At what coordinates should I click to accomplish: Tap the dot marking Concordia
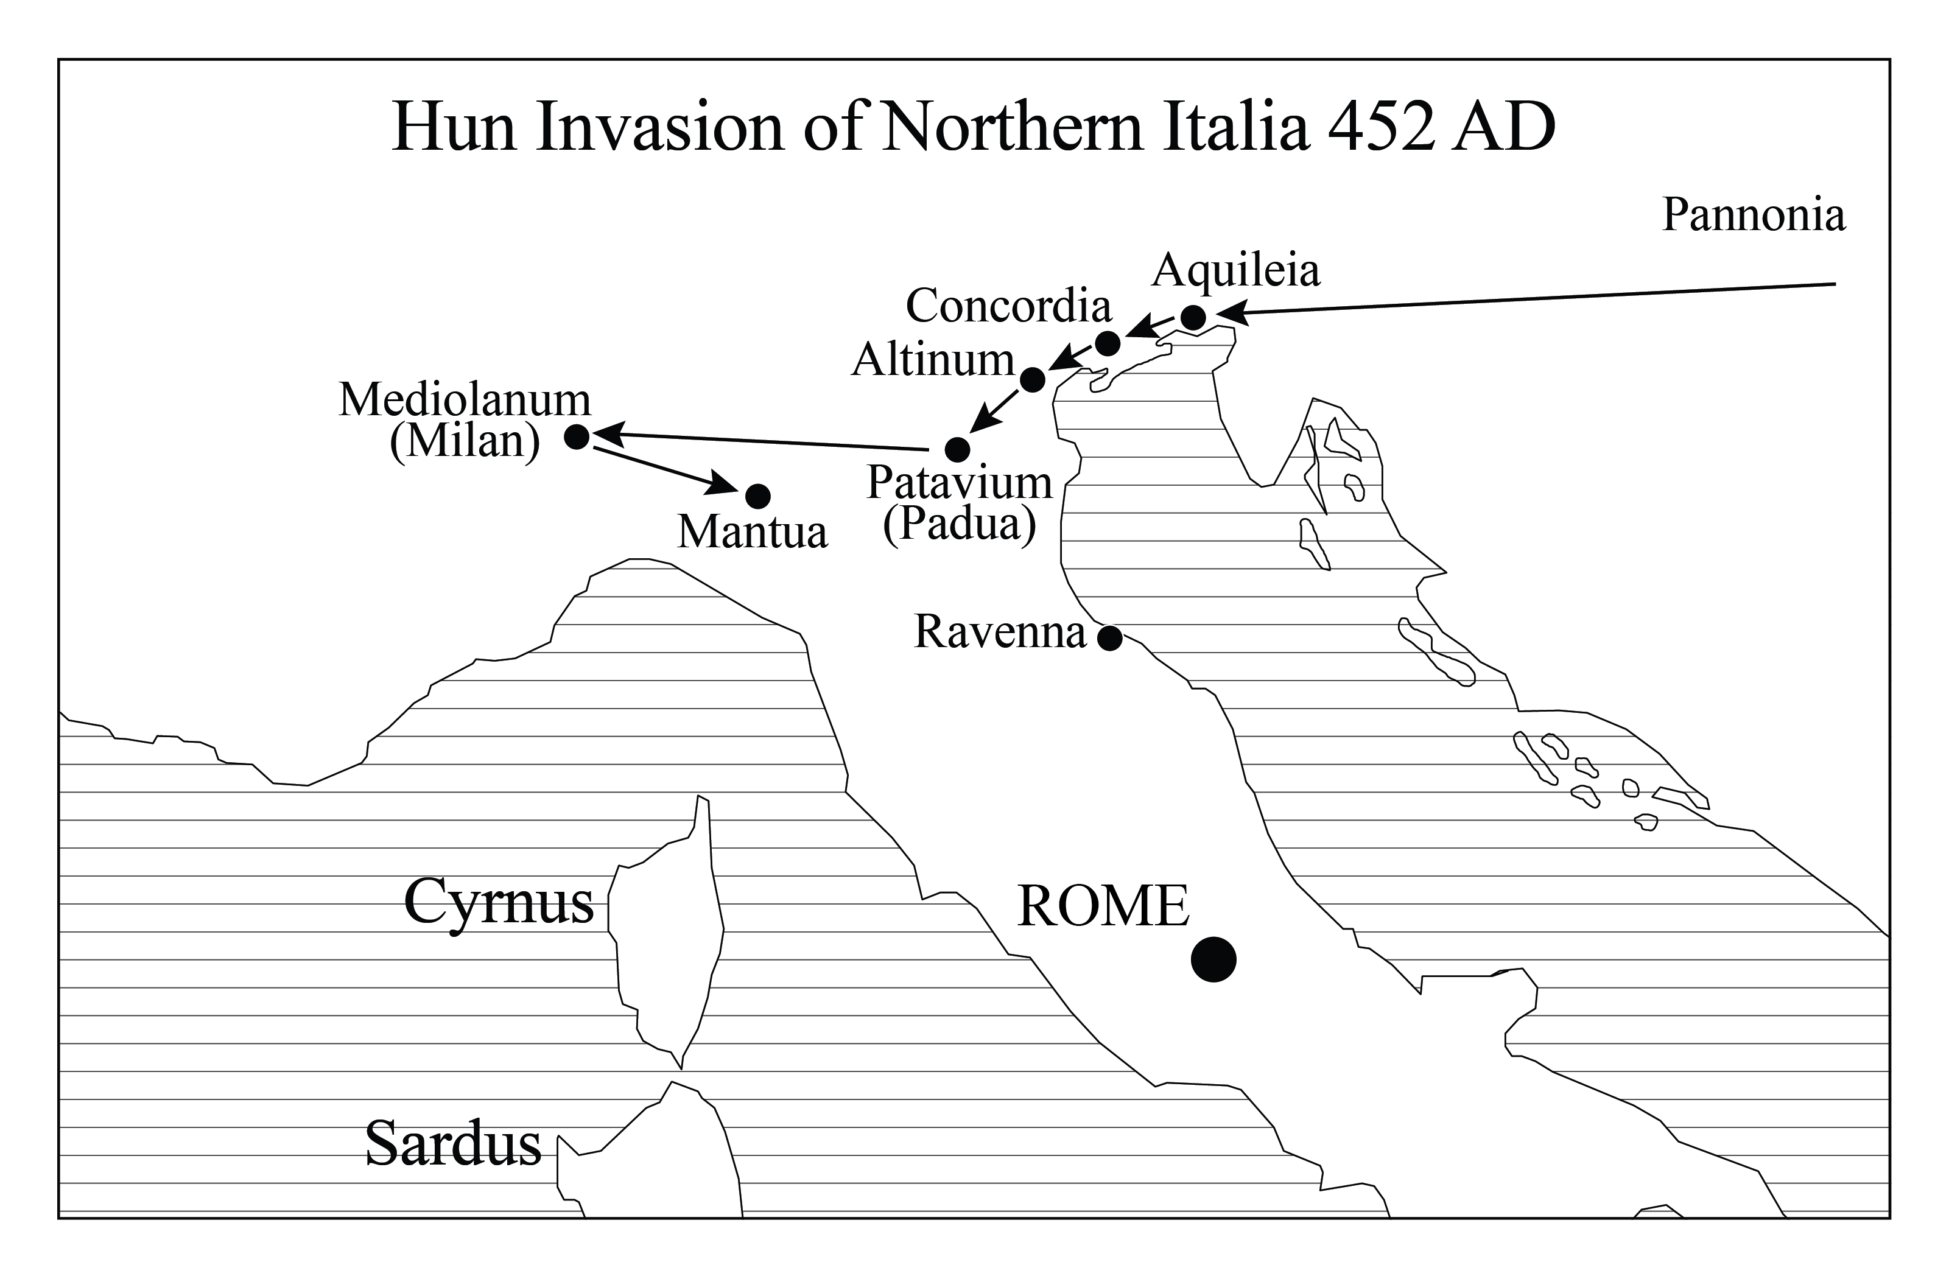tap(1107, 343)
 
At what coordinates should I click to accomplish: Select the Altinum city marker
tap(1033, 380)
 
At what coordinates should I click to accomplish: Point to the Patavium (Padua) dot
tap(957, 449)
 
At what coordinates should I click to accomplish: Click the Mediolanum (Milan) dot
tap(577, 436)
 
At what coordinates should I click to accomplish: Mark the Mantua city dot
tap(757, 496)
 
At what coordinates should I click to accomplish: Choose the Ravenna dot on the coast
tap(1109, 638)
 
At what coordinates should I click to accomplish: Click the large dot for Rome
tap(1213, 959)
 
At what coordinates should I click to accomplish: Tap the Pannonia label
tap(1754, 216)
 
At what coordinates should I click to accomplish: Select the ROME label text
tap(1102, 907)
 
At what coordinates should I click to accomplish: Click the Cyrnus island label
tap(499, 902)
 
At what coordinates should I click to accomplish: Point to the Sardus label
tap(453, 1143)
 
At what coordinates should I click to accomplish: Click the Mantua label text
tap(752, 532)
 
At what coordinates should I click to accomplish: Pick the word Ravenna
tap(1000, 632)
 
